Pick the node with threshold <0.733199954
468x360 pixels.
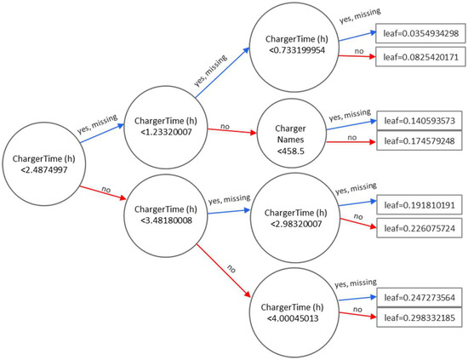point(288,46)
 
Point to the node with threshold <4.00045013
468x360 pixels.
point(288,307)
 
